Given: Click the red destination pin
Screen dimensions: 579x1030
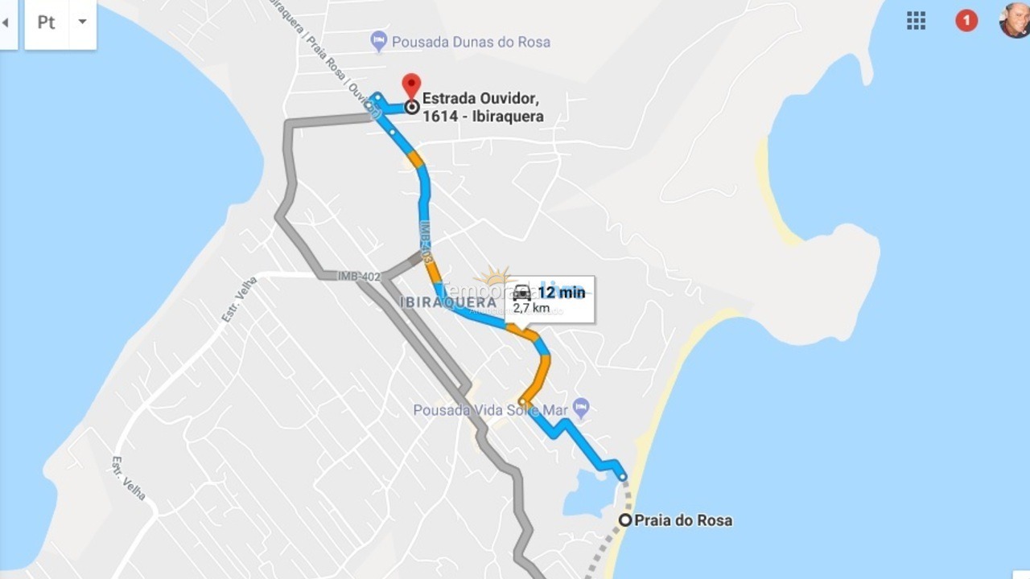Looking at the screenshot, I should point(411,84).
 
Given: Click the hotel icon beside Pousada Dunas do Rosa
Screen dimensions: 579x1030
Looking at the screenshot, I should point(379,40).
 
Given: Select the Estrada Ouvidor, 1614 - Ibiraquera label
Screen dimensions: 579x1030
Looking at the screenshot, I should point(483,107).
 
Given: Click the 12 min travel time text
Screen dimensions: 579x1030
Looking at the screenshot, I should point(561,292).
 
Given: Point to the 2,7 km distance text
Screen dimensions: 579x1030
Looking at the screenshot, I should point(531,308).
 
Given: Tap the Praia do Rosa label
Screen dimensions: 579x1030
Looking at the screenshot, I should point(683,520).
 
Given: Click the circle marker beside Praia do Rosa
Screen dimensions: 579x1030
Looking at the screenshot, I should point(625,520).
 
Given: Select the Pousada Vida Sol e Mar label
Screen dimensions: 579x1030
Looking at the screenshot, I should point(491,410).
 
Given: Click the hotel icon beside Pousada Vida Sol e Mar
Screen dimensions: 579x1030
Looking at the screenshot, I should point(581,408).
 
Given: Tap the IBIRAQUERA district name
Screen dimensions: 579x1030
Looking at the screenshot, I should point(447,302).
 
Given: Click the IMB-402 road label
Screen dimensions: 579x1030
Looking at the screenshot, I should point(359,276).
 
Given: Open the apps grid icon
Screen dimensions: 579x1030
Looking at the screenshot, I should point(916,21).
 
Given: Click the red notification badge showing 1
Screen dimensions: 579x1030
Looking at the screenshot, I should point(966,21).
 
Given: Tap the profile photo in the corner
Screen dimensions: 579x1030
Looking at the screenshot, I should point(1015,20).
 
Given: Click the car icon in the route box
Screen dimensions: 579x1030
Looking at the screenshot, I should point(521,293).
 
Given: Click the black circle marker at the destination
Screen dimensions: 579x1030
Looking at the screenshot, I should point(411,106).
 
